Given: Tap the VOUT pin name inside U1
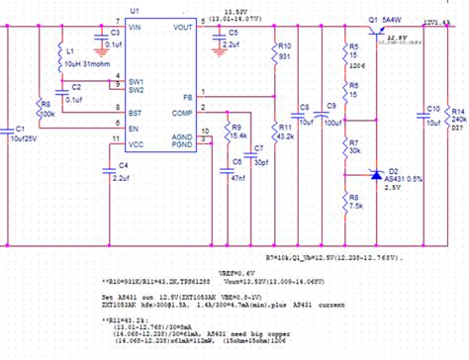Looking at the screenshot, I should click(183, 28).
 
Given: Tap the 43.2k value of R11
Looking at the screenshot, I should click(287, 135).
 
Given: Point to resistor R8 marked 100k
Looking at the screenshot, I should click(44, 107).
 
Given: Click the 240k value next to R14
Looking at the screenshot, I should click(458, 118).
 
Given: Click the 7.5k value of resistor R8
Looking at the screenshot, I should click(356, 206).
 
